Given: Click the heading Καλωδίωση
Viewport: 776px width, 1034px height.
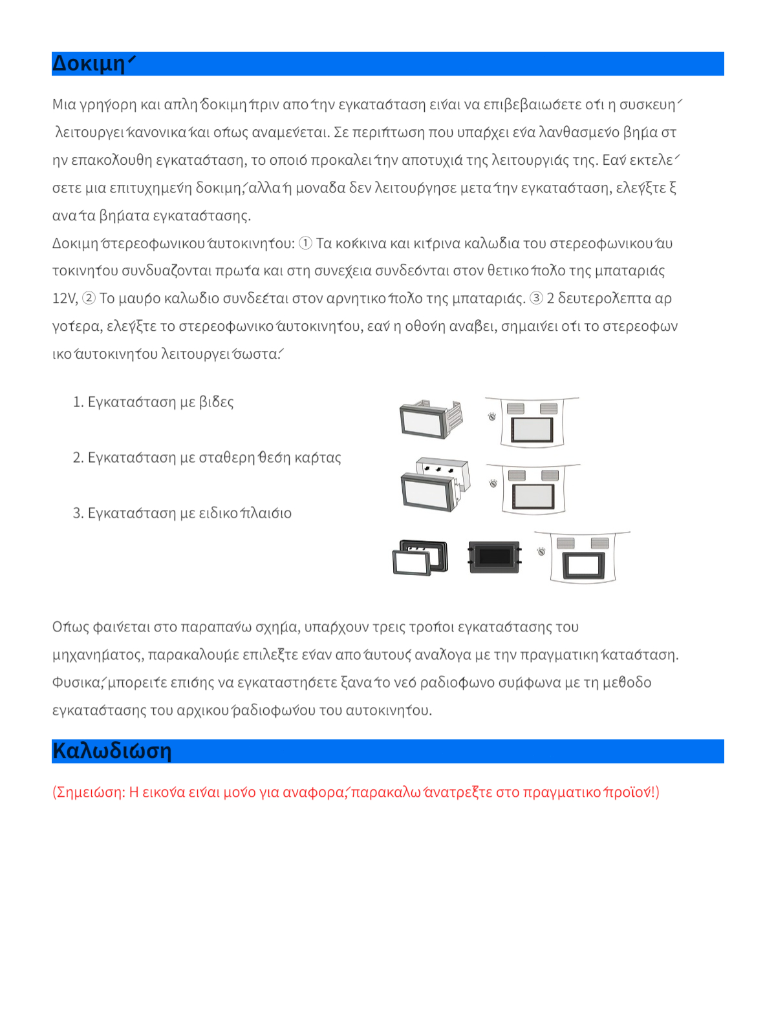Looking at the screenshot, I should (112, 751).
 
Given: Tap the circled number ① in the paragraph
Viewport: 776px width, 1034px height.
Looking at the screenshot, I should (305, 244).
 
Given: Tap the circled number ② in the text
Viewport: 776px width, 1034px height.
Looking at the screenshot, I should (89, 299).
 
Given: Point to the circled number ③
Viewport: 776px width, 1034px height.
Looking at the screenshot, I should (536, 299).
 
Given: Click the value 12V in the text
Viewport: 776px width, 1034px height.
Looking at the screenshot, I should (64, 299).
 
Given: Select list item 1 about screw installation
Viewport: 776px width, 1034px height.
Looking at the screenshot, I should (153, 402).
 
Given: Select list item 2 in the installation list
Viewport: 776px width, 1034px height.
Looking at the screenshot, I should (207, 458).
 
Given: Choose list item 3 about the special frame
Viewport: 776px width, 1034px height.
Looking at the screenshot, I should (182, 513).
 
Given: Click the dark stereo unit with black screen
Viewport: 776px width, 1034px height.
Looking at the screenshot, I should (495, 556).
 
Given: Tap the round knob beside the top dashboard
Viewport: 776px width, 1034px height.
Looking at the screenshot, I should (492, 417).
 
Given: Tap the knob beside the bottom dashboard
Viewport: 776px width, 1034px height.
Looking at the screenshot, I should (541, 551).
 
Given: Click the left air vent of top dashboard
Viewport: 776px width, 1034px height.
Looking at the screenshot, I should (515, 408).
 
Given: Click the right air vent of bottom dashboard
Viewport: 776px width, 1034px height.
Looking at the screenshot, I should (599, 543).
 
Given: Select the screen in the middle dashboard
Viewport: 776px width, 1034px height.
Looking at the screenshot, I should (533, 496).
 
